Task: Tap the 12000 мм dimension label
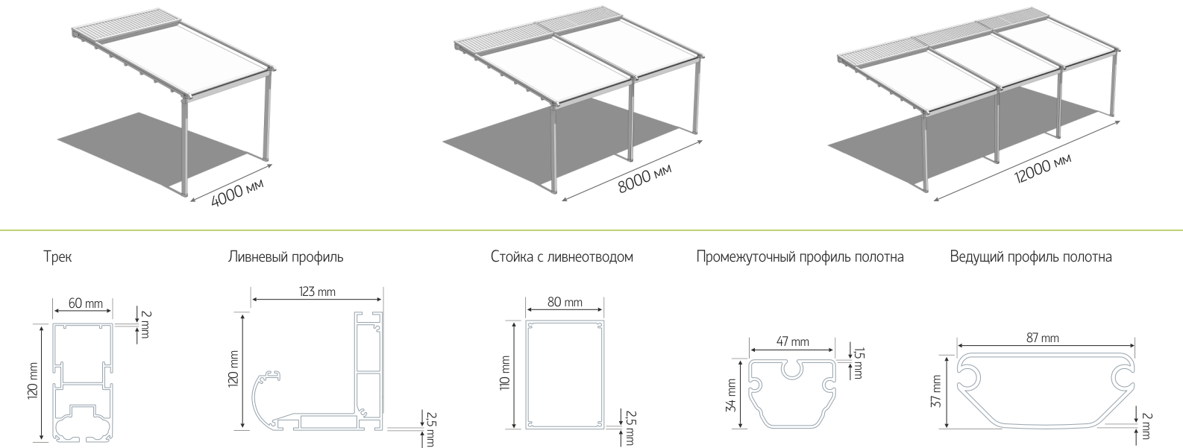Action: [1043, 168]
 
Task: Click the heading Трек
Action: [57, 257]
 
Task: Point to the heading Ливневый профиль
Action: [286, 257]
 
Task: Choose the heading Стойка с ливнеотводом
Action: [562, 257]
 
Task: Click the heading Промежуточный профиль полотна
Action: [800, 257]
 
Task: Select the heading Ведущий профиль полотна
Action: [1031, 257]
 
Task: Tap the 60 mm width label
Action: [86, 303]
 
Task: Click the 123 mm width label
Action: [317, 291]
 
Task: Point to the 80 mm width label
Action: [565, 303]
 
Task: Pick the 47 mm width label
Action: [792, 342]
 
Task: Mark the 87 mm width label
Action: [1043, 338]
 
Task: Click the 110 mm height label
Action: [505, 373]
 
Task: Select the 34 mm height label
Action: [731, 395]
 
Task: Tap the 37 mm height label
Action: [936, 391]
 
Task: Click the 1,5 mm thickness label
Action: [859, 363]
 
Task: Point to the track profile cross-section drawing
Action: [84, 382]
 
